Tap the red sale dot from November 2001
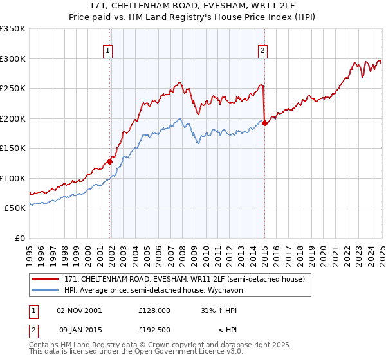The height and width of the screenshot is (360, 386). tap(110, 161)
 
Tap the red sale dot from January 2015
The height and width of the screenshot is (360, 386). tap(265, 123)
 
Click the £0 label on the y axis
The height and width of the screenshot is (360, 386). tap(20, 238)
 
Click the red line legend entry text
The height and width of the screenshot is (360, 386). tap(188, 279)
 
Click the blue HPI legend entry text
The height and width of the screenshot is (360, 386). tap(152, 290)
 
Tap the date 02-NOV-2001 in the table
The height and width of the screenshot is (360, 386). tap(79, 310)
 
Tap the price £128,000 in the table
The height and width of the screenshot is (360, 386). tap(154, 310)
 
